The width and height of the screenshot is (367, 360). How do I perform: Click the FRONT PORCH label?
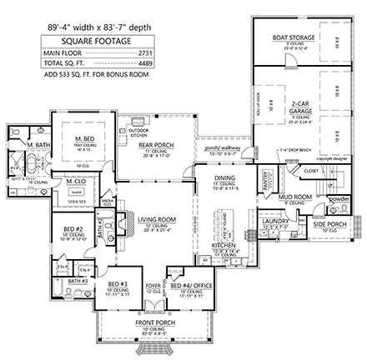(155, 322)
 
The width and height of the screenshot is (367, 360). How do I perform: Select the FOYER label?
(153, 283)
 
